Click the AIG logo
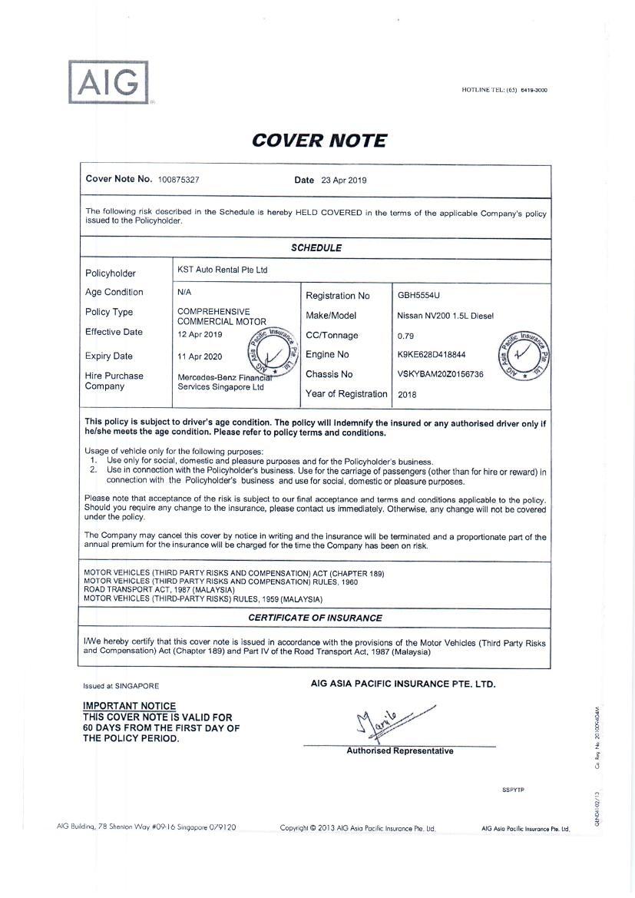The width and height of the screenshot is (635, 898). coord(108,81)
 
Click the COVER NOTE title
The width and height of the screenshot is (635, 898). coord(319,141)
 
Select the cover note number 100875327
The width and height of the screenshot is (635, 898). coord(179,181)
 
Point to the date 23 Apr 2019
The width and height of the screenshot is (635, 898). coord(344,181)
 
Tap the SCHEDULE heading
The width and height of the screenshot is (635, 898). coord(316,248)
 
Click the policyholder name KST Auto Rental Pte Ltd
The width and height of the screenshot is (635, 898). coord(223,270)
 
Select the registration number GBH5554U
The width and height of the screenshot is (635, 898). coord(418,295)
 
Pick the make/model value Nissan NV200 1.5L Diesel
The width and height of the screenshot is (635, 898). coord(445,316)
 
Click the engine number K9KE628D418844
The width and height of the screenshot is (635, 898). coord(431,355)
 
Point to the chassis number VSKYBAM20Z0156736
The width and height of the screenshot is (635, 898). coord(440,374)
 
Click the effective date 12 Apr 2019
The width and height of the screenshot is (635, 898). coord(200,335)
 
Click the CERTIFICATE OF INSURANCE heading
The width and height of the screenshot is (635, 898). coord(316,618)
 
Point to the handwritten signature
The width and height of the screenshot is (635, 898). coord(384,722)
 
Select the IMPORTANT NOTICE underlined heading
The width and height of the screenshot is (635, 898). coord(129,706)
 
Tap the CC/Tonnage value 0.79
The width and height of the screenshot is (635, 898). coord(405,336)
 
